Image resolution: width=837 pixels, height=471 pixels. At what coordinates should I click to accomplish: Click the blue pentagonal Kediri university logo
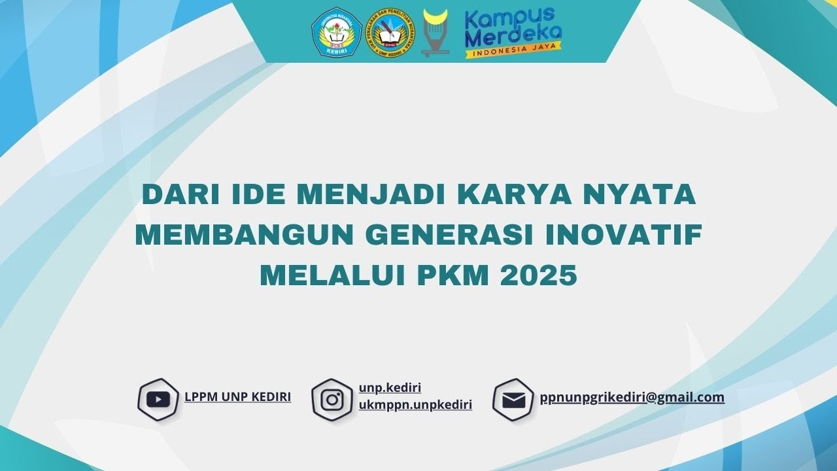pos(337,32)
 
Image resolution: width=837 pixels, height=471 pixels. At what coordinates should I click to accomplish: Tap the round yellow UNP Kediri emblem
pos(390,33)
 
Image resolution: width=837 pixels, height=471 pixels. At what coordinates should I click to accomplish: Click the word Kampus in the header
pos(500,20)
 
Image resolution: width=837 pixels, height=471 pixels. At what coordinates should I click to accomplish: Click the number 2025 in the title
pos(539,275)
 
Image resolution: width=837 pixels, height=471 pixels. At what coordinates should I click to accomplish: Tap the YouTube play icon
pos(158,399)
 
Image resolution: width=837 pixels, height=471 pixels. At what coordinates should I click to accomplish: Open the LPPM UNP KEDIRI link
pos(237,396)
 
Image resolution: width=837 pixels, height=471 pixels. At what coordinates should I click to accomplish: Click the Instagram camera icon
pos(332,399)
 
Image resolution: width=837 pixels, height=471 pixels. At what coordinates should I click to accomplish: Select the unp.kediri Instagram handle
pos(390,388)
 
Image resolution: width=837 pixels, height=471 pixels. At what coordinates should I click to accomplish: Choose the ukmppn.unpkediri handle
pos(415,404)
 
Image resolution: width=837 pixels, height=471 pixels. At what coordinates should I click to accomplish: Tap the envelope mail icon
pos(513,399)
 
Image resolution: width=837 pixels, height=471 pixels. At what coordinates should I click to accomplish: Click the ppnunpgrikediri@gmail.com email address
pos(632,396)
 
